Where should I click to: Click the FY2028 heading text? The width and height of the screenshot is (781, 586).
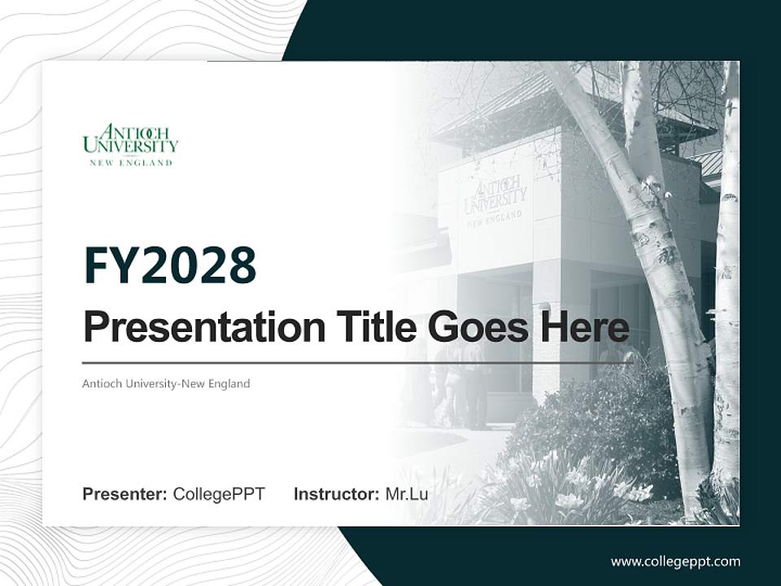170,266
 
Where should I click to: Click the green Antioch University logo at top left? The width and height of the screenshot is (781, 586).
130,144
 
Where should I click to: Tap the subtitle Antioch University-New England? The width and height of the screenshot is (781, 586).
166,383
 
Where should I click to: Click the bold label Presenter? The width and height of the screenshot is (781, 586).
125,494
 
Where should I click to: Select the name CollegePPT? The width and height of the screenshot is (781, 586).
219,494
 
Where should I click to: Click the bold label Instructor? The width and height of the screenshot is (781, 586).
336,494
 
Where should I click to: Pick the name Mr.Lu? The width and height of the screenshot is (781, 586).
407,494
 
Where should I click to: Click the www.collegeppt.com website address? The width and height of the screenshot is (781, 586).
675,562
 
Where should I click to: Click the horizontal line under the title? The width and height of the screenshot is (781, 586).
358,363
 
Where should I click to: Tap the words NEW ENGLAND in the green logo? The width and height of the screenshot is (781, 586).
130,163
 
